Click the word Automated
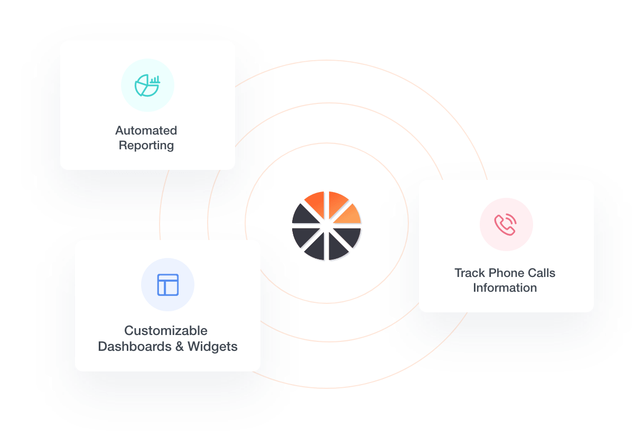146,130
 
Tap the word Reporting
146,146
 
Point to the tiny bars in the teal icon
155,80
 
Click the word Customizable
166,331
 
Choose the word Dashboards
135,347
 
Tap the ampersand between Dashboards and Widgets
180,347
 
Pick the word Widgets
212,347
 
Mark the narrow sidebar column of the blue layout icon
161,288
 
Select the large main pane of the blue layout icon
172,288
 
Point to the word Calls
538,273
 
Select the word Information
505,288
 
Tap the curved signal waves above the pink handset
511,219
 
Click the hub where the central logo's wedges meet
327,226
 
